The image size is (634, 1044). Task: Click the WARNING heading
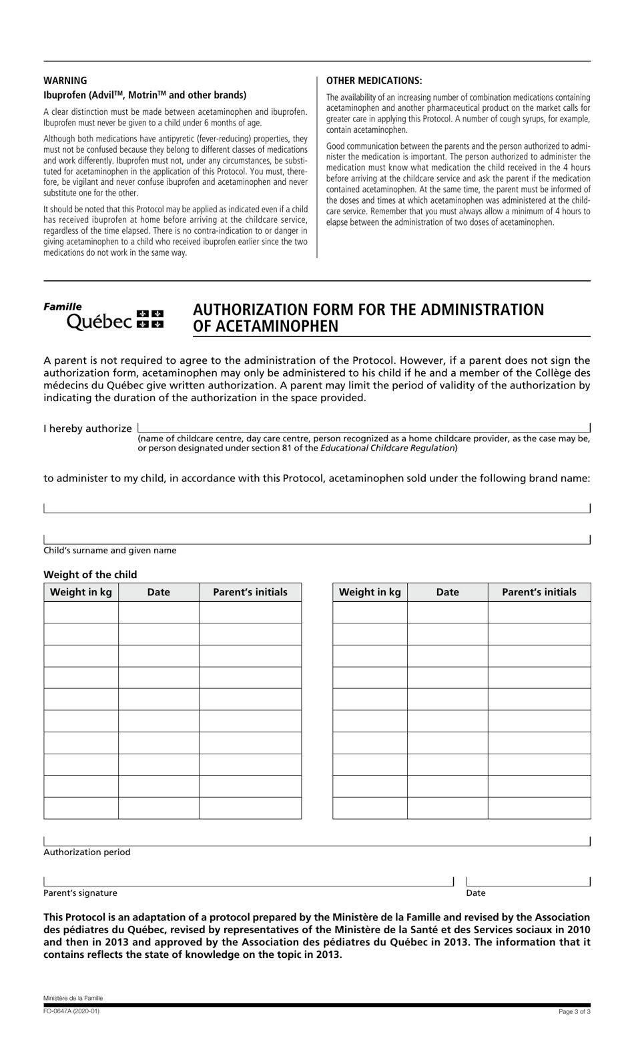[65, 81]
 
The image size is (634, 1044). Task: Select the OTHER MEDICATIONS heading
[374, 81]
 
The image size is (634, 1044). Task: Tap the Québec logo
[103, 316]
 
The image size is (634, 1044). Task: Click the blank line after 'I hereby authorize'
[363, 428]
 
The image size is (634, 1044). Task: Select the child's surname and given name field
[316, 539]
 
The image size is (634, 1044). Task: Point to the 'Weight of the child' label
[90, 575]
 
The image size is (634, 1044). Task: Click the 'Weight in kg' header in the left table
[81, 592]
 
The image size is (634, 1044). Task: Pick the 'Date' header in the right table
[447, 592]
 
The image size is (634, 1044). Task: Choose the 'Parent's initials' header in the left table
[250, 592]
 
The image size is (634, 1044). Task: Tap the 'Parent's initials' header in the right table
[539, 592]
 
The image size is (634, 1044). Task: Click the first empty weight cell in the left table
[81, 612]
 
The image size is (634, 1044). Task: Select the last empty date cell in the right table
[447, 808]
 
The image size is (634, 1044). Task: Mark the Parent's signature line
[248, 881]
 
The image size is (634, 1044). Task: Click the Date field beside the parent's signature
[528, 881]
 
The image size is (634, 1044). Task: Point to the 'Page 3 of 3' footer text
[574, 1012]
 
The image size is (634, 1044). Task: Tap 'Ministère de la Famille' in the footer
[73, 998]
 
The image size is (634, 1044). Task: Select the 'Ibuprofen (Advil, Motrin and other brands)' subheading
[145, 95]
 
